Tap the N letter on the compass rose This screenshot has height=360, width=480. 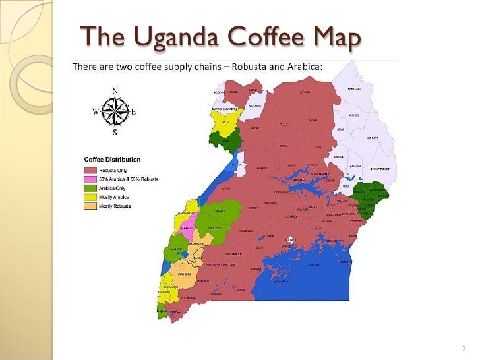click(x=115, y=90)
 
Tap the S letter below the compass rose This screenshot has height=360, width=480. click(x=115, y=132)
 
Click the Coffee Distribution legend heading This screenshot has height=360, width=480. click(x=111, y=160)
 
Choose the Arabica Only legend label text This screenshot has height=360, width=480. click(x=113, y=188)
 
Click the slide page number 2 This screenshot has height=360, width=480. click(x=464, y=348)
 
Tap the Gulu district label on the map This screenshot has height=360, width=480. click(x=284, y=124)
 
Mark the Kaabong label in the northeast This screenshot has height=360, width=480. click(x=354, y=88)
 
